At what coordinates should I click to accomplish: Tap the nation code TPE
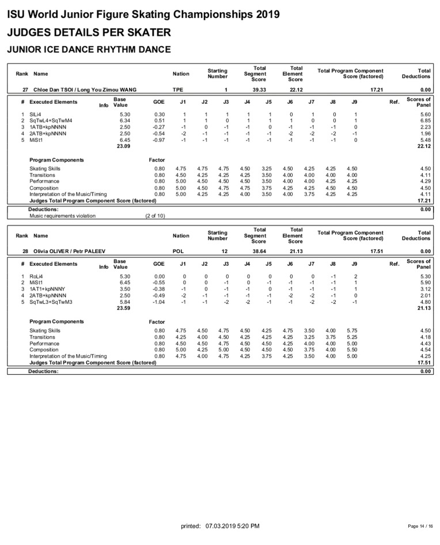[179, 90]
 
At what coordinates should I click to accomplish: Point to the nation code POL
[179, 251]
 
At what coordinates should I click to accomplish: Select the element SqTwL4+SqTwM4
[51, 121]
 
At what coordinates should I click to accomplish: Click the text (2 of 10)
[155, 216]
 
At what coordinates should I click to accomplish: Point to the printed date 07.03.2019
[222, 527]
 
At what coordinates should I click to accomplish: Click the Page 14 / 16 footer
[420, 527]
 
